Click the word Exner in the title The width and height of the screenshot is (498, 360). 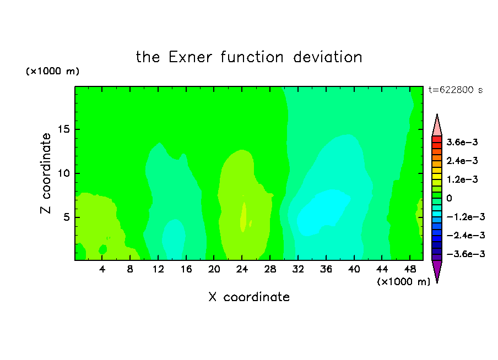coord(190,57)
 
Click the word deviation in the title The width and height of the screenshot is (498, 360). coord(328,57)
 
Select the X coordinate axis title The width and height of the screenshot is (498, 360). coord(249,297)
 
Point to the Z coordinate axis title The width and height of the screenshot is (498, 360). coord(46,173)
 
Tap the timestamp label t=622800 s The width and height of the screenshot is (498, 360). coord(456,90)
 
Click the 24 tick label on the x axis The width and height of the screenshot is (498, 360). coord(242,269)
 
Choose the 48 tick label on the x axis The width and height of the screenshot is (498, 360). coord(410,269)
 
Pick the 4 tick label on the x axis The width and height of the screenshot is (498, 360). coord(102,269)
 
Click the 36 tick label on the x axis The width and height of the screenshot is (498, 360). coord(326,269)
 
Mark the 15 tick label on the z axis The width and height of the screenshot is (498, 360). coord(64,129)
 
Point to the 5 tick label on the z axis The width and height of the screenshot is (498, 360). coord(67,217)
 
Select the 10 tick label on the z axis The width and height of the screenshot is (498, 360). coord(64,173)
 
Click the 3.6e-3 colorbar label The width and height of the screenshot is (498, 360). coord(462,142)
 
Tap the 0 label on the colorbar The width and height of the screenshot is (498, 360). coord(449,198)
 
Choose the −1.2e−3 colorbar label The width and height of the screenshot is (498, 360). coord(465,217)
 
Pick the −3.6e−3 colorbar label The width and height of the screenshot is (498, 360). coord(465,254)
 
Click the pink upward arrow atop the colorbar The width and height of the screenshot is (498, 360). coord(437,125)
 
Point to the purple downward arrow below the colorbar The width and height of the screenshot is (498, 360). coord(437,271)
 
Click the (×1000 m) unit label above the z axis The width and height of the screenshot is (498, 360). coord(52,71)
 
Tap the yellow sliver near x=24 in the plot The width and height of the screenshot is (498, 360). coord(243,217)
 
